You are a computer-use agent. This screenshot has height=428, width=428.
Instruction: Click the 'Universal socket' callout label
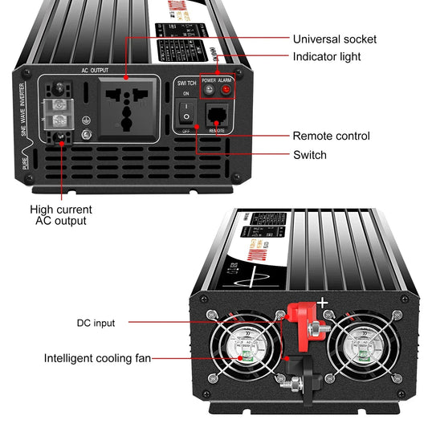pyautogui.click(x=334, y=39)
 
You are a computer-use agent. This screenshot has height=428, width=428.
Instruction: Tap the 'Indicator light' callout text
pyautogui.click(x=326, y=57)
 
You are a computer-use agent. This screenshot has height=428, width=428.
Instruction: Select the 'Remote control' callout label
pyautogui.click(x=331, y=137)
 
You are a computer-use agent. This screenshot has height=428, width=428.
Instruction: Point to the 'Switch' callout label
pyautogui.click(x=309, y=154)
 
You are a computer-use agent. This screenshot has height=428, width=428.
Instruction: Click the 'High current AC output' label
pyautogui.click(x=61, y=214)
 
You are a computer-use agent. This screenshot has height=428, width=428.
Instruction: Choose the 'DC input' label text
pyautogui.click(x=96, y=323)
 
